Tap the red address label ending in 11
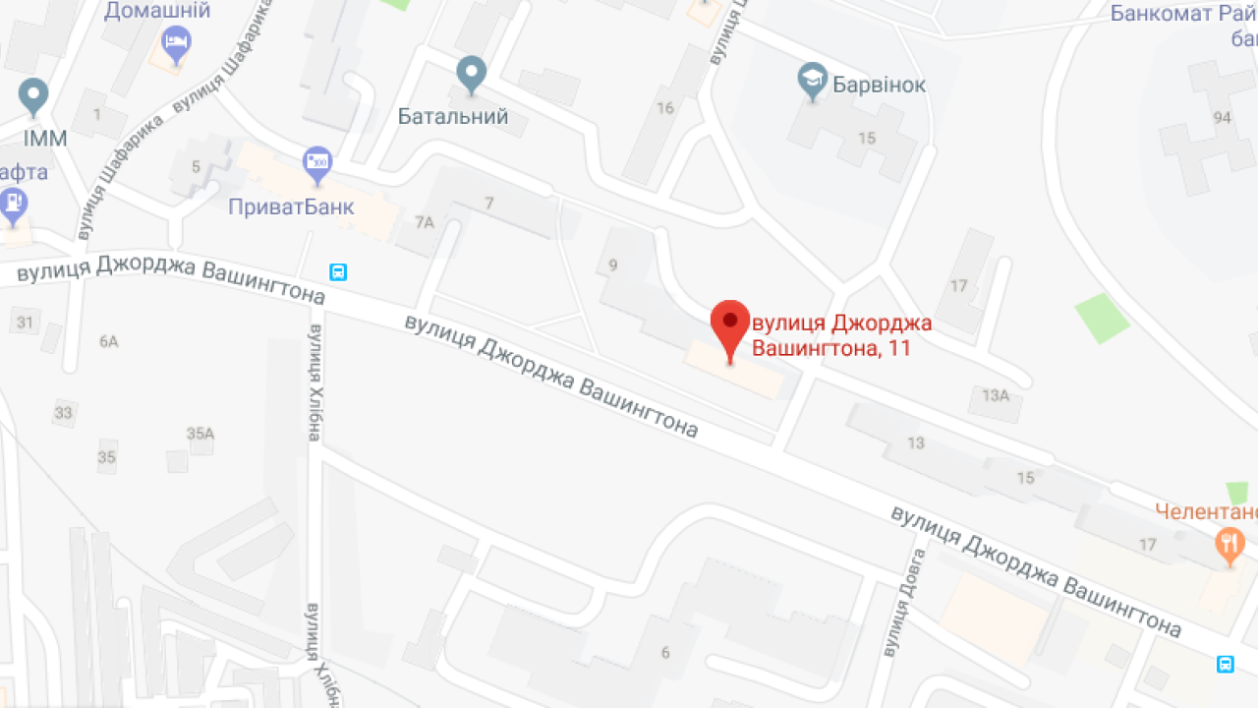tap(841, 335)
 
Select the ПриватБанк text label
tap(291, 207)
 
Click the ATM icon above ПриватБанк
tap(317, 163)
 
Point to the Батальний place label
tap(453, 117)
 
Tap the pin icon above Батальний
tap(473, 72)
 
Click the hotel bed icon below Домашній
tap(176, 42)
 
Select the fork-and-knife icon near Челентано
tap(1229, 543)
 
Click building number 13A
tap(995, 395)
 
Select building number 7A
tap(424, 222)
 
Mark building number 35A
tap(200, 433)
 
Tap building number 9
tap(613, 264)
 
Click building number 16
tap(665, 107)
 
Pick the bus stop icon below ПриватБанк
tap(338, 272)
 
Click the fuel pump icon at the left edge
tap(12, 204)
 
